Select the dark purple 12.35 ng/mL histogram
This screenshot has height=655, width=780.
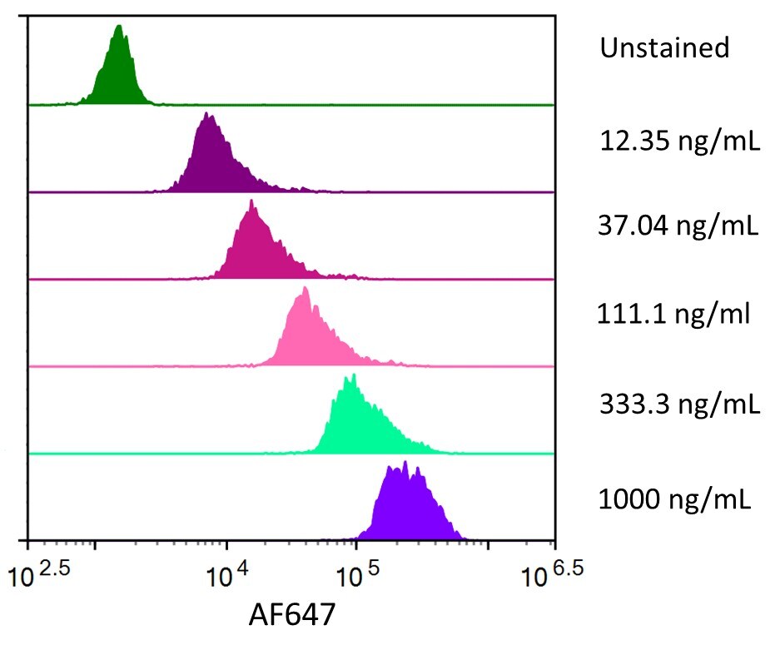[211, 162]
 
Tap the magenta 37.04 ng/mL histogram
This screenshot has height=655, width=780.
[255, 250]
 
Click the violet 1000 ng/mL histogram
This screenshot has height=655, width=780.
[408, 509]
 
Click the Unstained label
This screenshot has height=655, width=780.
[664, 48]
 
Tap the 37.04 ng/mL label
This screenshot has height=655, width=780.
[678, 226]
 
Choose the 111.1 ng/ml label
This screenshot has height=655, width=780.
[674, 315]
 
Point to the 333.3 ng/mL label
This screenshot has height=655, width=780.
[679, 405]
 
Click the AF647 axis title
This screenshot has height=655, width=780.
[291, 616]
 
